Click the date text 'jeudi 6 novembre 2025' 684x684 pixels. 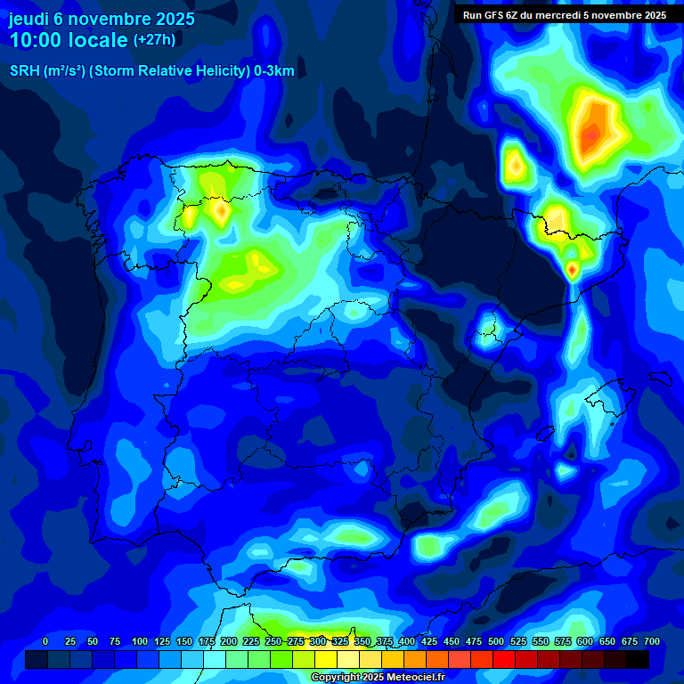[x=102, y=19]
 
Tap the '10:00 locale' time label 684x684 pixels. [x=69, y=40]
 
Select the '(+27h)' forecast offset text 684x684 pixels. [x=154, y=40]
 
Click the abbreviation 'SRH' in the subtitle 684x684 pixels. [x=25, y=71]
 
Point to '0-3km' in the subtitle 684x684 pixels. [x=274, y=71]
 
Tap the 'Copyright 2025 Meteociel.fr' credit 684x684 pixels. [x=378, y=677]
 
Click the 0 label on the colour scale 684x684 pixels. [x=45, y=641]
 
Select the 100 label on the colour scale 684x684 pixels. [x=140, y=641]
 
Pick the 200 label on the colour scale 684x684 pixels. [x=229, y=641]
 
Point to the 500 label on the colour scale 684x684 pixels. [x=496, y=641]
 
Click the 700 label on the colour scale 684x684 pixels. [x=652, y=641]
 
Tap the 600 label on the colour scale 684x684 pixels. [x=585, y=641]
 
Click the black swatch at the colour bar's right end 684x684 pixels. [x=638, y=659]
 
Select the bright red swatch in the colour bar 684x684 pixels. [x=482, y=659]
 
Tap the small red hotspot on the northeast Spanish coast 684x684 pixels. [x=572, y=268]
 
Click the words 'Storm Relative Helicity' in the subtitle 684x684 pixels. [x=171, y=71]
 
